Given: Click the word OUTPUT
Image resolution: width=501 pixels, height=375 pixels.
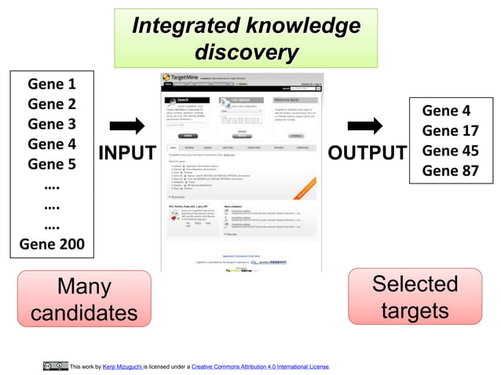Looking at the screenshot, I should (367, 154).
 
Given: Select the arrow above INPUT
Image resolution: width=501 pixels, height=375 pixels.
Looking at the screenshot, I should (126, 126).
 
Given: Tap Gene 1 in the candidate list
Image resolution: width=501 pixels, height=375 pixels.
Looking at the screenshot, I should (52, 84).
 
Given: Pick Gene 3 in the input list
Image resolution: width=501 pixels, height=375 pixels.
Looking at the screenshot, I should (52, 124).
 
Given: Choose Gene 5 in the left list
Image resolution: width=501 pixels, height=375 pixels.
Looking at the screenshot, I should (52, 165).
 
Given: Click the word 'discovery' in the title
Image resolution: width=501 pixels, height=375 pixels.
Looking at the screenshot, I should (246, 53).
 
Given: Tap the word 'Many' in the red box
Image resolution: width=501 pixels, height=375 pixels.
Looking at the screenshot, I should (84, 286).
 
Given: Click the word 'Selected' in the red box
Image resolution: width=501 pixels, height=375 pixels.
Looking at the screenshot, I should (415, 283).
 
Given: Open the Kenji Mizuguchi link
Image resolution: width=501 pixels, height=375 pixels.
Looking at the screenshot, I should (123, 366).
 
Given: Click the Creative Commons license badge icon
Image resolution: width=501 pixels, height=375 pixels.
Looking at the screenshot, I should (55, 366).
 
